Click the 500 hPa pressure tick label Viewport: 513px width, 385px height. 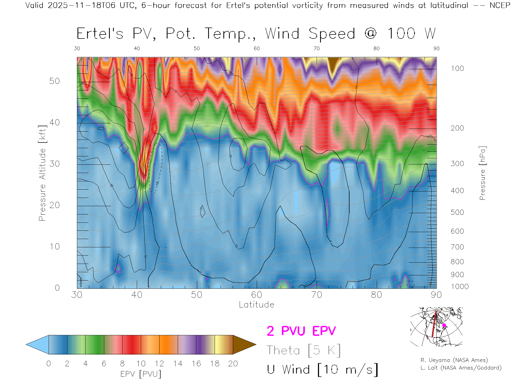(x=457, y=212)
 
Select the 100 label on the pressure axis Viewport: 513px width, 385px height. (x=457, y=68)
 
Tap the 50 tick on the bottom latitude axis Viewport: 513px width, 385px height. (x=197, y=295)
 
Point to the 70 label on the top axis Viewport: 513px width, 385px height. (x=317, y=48)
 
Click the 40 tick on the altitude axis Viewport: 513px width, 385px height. (x=55, y=122)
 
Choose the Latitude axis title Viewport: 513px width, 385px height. (x=256, y=305)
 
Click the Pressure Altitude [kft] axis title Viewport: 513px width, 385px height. (x=42, y=173)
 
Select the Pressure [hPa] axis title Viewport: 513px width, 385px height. (x=482, y=173)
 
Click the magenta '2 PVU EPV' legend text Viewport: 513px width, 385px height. (x=301, y=331)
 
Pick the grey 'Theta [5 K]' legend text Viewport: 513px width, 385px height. (x=304, y=350)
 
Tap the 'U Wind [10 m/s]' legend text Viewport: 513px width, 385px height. (x=322, y=369)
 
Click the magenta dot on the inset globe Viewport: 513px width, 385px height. (x=444, y=325)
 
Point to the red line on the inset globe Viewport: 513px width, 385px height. (x=434, y=324)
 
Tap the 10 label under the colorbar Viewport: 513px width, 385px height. (x=141, y=364)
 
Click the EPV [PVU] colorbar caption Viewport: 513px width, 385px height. (x=141, y=374)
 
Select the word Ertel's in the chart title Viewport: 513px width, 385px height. (x=100, y=34)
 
